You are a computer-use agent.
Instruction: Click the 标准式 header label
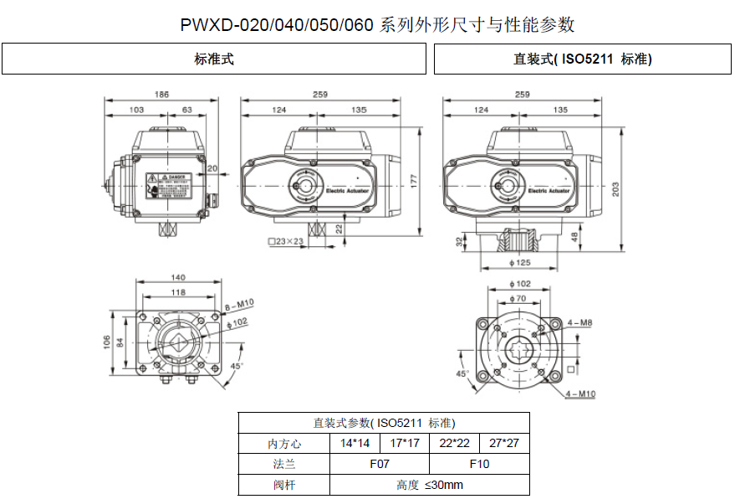pyautogui.click(x=214, y=59)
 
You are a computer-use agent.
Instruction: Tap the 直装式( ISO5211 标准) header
pyautogui.click(x=582, y=59)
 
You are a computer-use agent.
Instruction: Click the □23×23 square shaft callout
pyautogui.click(x=285, y=242)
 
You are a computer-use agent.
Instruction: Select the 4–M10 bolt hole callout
pyautogui.click(x=581, y=394)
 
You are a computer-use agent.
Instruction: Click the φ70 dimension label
pyautogui.click(x=519, y=298)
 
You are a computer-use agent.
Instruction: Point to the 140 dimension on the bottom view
pyautogui.click(x=177, y=278)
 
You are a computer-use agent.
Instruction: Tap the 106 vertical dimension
pyautogui.click(x=106, y=343)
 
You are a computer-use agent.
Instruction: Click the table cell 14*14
pyautogui.click(x=355, y=443)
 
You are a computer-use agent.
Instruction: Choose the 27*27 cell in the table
pyautogui.click(x=504, y=443)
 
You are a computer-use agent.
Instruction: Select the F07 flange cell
pyautogui.click(x=380, y=464)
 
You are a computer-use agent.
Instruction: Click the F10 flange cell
pyautogui.click(x=479, y=464)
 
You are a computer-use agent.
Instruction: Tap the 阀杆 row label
pyautogui.click(x=283, y=485)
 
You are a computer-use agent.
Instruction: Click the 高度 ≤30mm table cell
pyautogui.click(x=429, y=485)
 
